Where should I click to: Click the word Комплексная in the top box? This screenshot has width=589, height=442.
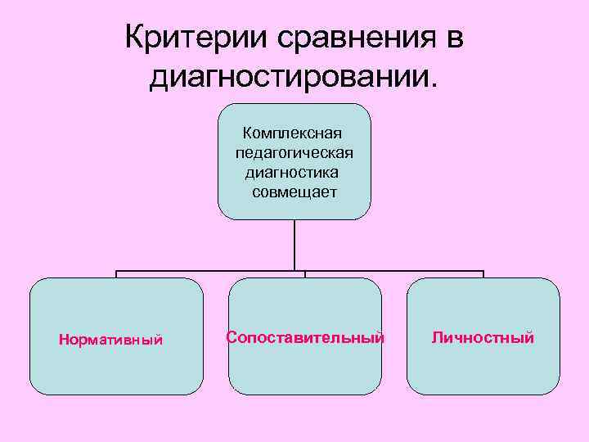click(x=293, y=133)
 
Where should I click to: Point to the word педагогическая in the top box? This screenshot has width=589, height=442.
click(x=294, y=152)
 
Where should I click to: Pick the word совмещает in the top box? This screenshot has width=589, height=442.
click(x=294, y=192)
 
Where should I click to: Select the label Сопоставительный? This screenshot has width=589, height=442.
click(x=305, y=337)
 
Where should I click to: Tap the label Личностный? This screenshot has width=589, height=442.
click(x=483, y=337)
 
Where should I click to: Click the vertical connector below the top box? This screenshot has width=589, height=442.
click(x=294, y=246)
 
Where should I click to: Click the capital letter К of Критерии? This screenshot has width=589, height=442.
click(x=135, y=38)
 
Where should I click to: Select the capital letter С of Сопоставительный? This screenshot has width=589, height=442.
click(x=232, y=337)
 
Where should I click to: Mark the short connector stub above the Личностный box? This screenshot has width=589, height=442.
click(x=483, y=275)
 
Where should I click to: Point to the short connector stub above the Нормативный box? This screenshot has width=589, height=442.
click(x=116, y=275)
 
